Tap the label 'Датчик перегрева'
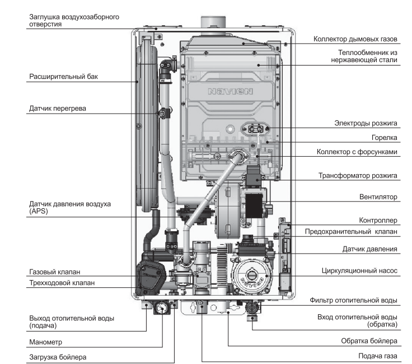coord(58,108)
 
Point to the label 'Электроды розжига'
coord(366,122)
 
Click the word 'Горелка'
coord(384,137)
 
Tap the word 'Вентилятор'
coord(378,197)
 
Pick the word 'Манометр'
coord(45,341)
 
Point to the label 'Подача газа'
coord(378,356)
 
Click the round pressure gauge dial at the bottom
coord(162,307)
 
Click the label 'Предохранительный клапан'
coord(351,231)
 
